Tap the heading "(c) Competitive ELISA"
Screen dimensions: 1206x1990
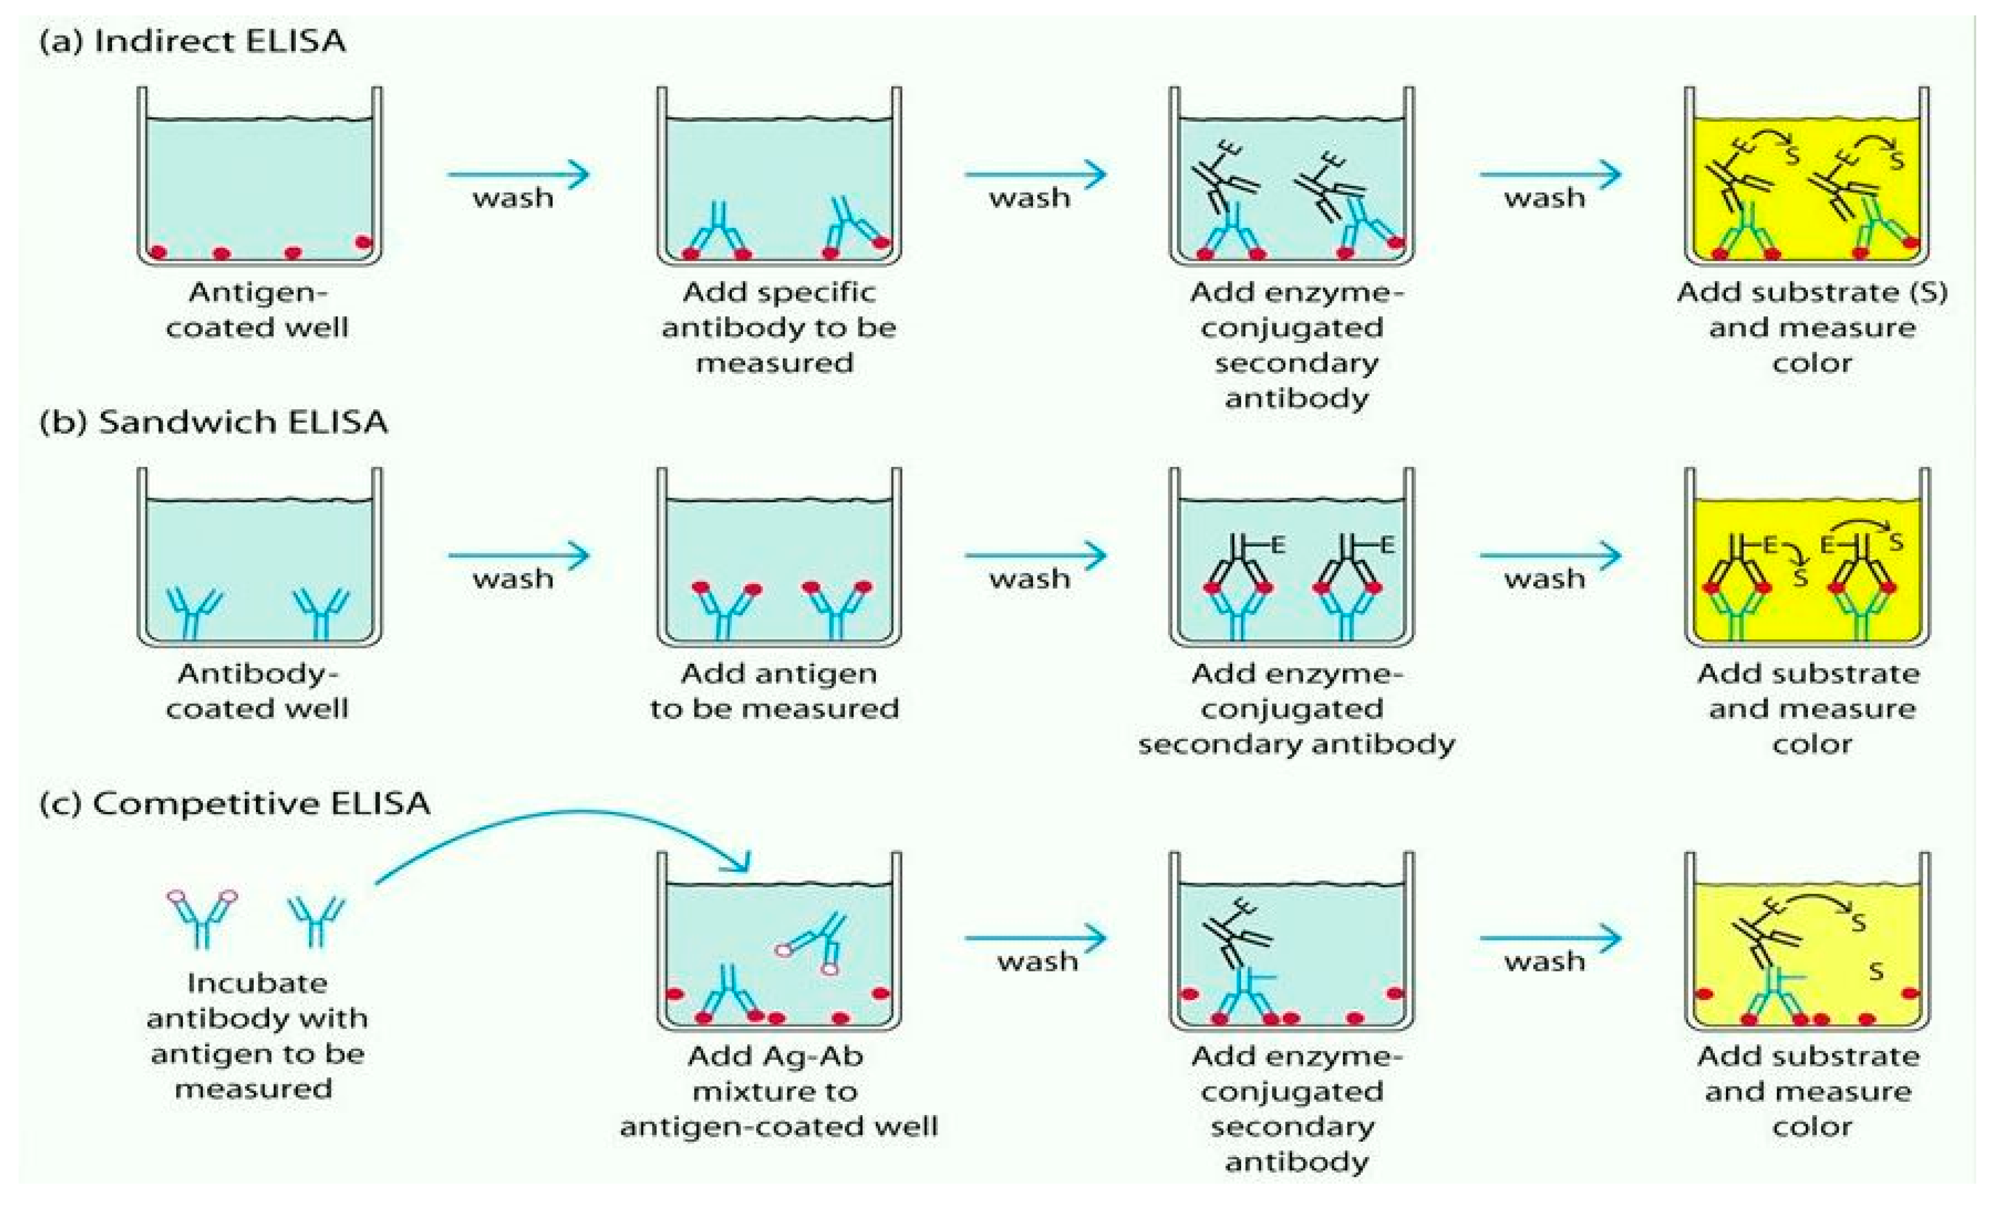point(234,803)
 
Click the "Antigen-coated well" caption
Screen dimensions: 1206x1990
point(258,310)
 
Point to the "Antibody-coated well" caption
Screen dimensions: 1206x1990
point(258,691)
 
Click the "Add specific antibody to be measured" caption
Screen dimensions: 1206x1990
point(778,327)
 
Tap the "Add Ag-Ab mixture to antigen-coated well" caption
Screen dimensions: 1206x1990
point(778,1090)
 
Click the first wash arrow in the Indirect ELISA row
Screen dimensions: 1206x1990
point(518,174)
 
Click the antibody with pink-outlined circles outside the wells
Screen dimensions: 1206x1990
point(202,917)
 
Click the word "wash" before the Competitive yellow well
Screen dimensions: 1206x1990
point(1544,961)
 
